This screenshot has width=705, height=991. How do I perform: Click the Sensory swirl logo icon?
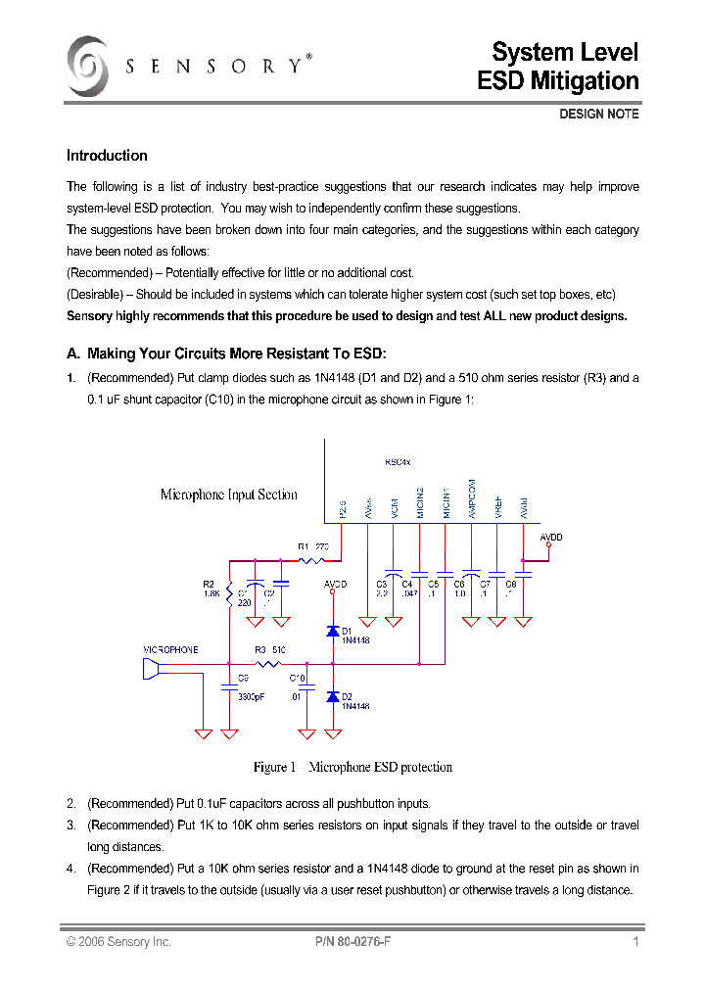87,67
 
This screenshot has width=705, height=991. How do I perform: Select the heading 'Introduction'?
107,156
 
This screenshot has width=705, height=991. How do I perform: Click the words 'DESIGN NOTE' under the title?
598,115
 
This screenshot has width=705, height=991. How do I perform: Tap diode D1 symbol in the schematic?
332,630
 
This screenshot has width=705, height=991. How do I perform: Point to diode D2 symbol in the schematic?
332,696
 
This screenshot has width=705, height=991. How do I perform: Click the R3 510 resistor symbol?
270,664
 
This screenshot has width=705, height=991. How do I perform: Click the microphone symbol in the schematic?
151,668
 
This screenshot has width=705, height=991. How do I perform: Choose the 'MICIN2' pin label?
420,502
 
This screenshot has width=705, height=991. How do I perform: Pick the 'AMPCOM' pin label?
472,498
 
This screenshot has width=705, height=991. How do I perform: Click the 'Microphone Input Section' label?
228,495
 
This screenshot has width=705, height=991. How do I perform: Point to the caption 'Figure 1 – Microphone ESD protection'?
352,767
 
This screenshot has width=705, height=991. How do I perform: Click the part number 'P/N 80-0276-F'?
353,942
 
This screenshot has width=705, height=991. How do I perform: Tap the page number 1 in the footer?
635,942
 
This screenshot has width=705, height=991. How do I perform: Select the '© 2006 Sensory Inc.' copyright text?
118,942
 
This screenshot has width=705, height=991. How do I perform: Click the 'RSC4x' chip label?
398,462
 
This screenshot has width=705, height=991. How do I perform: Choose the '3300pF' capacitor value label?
252,696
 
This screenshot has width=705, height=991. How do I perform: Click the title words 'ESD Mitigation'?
557,81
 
